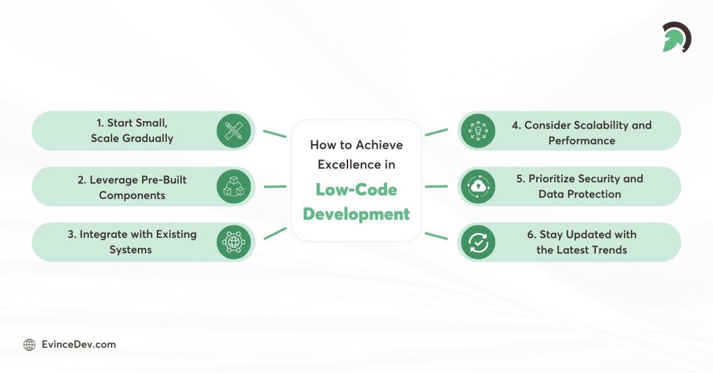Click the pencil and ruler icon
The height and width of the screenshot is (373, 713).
tap(233, 131)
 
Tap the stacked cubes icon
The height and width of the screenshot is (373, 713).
tap(233, 186)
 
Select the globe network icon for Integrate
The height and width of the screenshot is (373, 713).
tap(233, 242)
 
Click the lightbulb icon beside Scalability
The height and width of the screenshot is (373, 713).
tap(478, 131)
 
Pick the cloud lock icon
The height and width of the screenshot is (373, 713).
tap(478, 186)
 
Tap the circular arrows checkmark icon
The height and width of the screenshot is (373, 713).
tap(478, 242)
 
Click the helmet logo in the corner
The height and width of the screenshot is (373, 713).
tap(675, 37)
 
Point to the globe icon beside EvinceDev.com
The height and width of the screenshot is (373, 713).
tap(29, 344)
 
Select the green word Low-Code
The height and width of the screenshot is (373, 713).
tap(356, 189)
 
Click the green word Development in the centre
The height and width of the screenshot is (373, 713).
tap(356, 214)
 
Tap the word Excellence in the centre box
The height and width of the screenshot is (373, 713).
tap(344, 164)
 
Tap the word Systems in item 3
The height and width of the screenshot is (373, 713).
tap(130, 249)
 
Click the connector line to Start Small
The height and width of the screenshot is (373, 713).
tap(274, 133)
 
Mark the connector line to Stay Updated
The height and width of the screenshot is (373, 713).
tap(436, 236)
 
